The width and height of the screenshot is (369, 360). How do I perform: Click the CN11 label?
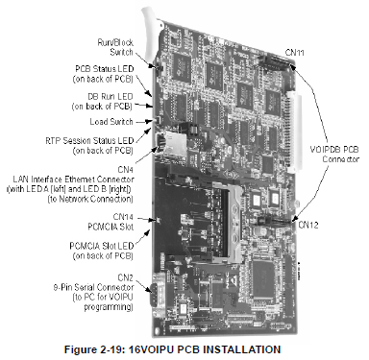click(x=295, y=53)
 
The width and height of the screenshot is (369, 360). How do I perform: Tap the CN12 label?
click(x=308, y=225)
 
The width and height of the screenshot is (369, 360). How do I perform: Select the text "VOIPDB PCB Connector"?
click(x=334, y=154)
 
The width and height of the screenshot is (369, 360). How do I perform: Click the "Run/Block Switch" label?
click(x=115, y=47)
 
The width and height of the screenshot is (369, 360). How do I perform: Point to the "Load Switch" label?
click(x=111, y=122)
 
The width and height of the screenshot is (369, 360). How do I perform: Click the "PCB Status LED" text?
click(x=105, y=69)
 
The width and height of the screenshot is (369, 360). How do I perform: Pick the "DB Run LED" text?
click(x=111, y=96)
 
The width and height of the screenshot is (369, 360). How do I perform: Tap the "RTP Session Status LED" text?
click(x=89, y=140)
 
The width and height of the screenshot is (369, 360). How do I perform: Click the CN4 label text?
click(x=125, y=169)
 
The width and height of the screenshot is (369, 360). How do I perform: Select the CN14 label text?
click(x=123, y=217)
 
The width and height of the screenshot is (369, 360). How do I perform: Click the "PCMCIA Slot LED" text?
click(x=101, y=246)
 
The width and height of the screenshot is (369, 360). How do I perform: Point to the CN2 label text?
click(x=125, y=277)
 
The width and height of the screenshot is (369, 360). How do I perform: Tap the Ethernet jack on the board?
click(x=170, y=143)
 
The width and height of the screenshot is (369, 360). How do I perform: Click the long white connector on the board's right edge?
click(x=294, y=132)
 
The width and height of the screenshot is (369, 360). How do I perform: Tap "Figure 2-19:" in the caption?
click(x=94, y=349)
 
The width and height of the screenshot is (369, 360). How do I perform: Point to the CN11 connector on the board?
click(x=275, y=61)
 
